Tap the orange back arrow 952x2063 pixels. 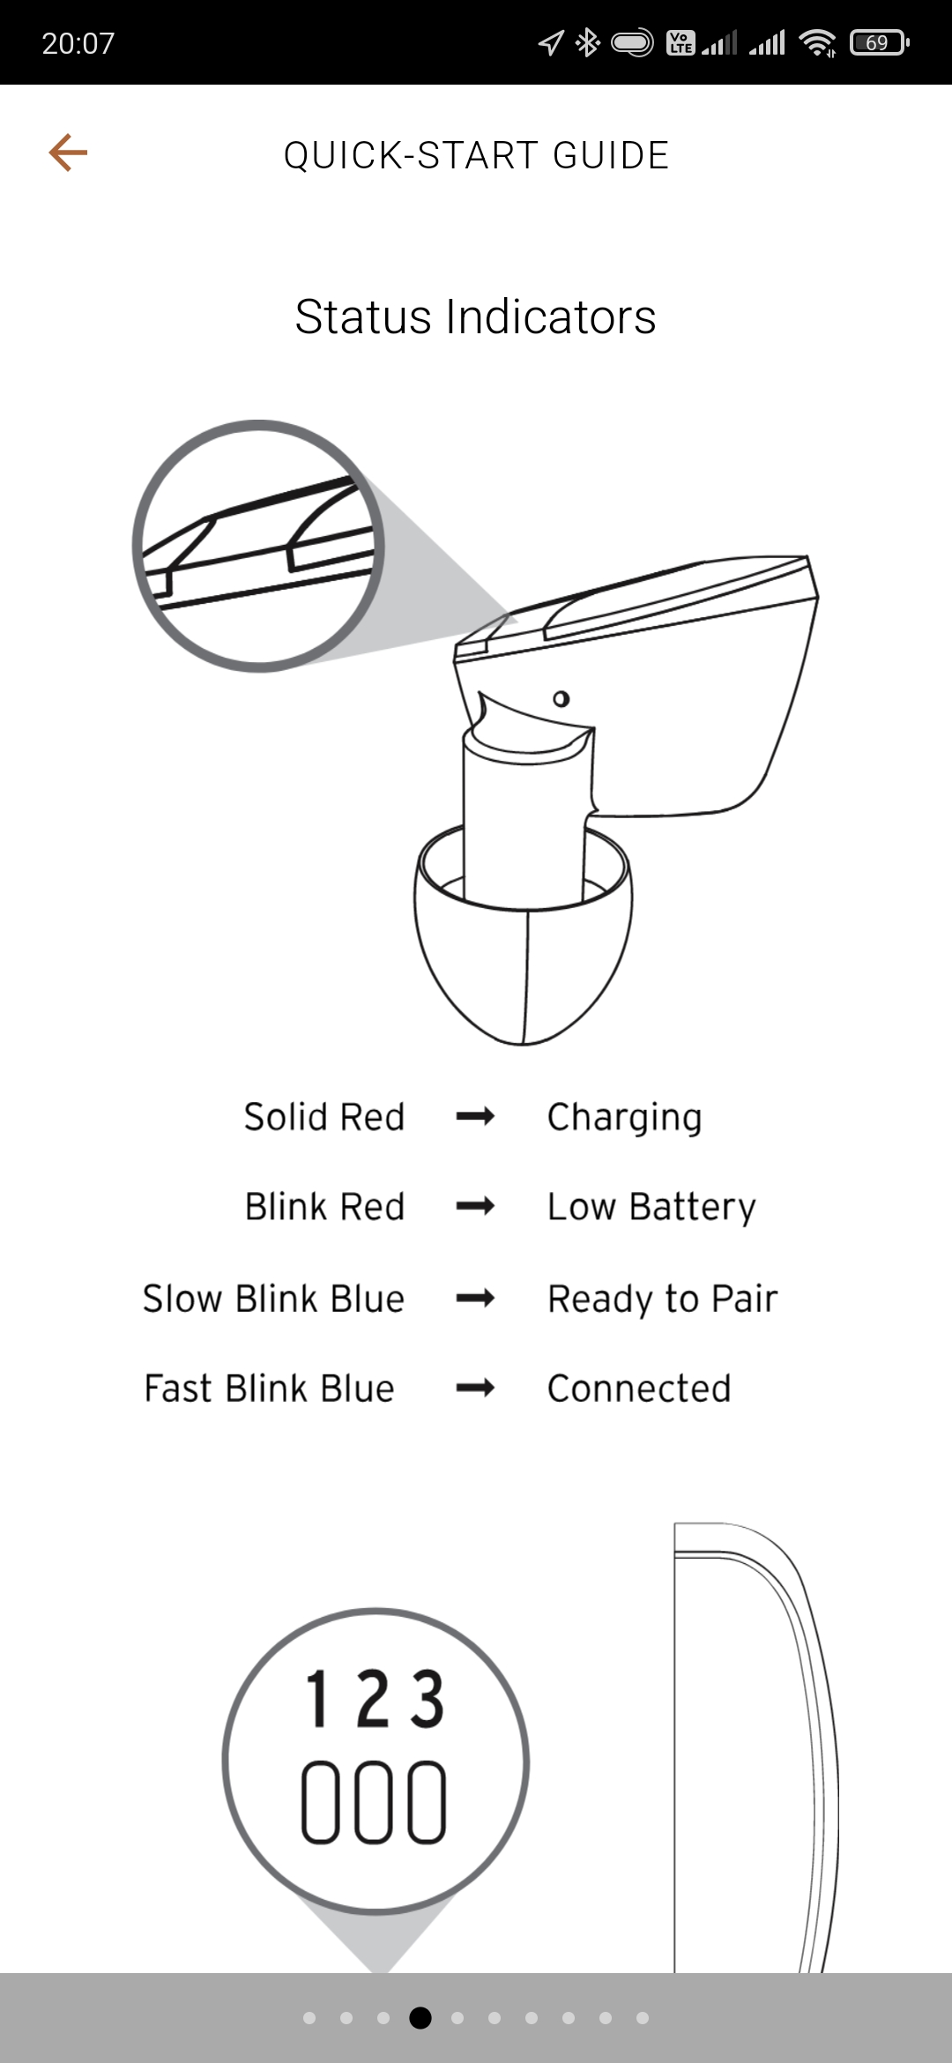[68, 153]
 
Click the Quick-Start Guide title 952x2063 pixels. [476, 155]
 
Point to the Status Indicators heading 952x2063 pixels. [476, 317]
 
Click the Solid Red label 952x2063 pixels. [324, 1117]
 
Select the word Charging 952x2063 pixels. [625, 1119]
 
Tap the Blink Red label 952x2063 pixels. [325, 1206]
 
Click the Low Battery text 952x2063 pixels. [652, 1208]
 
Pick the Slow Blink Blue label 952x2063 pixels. [274, 1299]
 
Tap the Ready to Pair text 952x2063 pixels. [663, 1299]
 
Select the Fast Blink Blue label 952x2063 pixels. [270, 1389]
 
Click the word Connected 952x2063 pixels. [639, 1389]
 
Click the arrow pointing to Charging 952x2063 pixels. [475, 1117]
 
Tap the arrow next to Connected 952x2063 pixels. [475, 1389]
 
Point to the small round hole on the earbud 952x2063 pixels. [562, 699]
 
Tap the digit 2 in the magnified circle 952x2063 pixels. [373, 1699]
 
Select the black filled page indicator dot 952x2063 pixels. [420, 2017]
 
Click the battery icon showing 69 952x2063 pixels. [879, 42]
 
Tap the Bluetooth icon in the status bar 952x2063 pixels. [587, 42]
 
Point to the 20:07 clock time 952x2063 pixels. [78, 43]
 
